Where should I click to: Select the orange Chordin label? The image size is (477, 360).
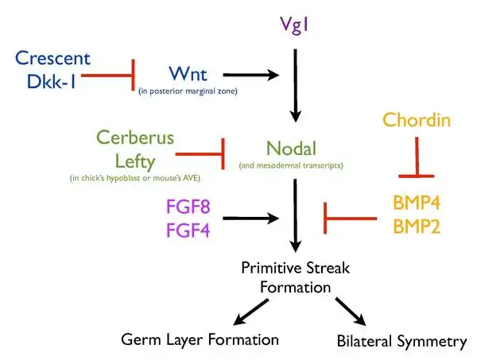pyautogui.click(x=417, y=120)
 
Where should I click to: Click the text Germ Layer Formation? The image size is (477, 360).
pyautogui.click(x=200, y=339)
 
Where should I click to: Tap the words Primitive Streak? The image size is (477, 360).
pyautogui.click(x=295, y=268)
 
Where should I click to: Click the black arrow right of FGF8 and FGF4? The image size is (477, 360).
pyautogui.click(x=251, y=218)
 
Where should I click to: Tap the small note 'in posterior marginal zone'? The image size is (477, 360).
pyautogui.click(x=188, y=91)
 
